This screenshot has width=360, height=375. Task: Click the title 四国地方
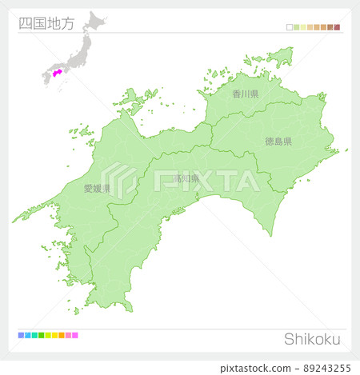tap(46, 23)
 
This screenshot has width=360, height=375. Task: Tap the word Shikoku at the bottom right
tap(312, 339)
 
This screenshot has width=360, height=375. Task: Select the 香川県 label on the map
tap(246, 94)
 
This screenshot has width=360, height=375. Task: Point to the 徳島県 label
tap(278, 142)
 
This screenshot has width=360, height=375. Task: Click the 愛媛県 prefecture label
tap(97, 189)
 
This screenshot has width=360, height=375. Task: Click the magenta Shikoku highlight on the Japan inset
tap(57, 72)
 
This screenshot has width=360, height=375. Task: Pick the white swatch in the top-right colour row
tap(289, 27)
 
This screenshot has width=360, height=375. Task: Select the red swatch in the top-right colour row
tap(337, 27)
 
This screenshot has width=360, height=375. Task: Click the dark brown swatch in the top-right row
tap(330, 27)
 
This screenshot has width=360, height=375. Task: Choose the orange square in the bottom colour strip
tap(61, 335)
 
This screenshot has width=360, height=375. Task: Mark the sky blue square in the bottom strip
tap(26, 335)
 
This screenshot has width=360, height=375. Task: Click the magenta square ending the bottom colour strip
tap(75, 335)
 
